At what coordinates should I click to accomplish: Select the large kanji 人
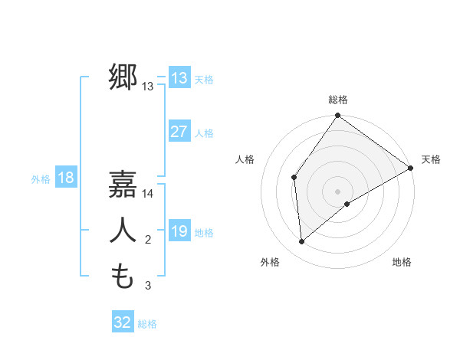123,231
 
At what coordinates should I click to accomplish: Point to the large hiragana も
123,275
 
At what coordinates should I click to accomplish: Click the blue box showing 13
179,78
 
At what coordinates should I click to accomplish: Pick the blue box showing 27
179,132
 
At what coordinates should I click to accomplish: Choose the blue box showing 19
179,231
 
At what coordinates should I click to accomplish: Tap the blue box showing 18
65,178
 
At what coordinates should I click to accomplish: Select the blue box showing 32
123,322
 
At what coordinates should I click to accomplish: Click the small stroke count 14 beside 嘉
148,195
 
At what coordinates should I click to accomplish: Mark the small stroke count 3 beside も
148,286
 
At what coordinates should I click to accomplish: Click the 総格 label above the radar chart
338,100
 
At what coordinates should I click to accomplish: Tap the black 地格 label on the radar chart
402,262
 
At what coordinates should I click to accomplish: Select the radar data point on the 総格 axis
337,116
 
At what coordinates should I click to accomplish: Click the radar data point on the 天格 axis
411,169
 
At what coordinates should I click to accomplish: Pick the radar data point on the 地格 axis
347,204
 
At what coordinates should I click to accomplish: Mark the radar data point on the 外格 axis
302,241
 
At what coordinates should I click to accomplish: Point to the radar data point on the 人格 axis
294,177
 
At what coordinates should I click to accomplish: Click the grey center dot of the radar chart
337,191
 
